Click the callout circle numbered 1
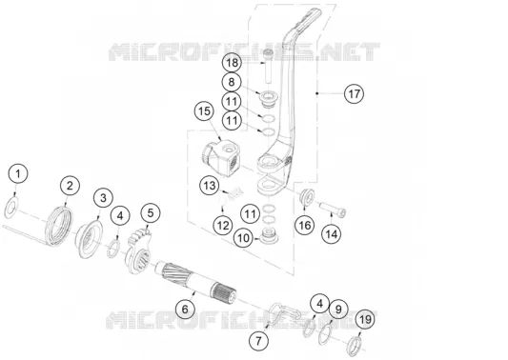(18, 174)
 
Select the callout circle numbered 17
(354, 94)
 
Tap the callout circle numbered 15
(204, 111)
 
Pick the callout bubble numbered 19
(365, 320)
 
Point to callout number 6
(185, 309)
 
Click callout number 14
(331, 234)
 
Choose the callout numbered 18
(232, 63)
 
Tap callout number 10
(244, 238)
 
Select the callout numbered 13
(210, 186)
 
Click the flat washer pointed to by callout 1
(11, 208)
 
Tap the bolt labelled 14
(333, 209)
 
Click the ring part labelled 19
(355, 345)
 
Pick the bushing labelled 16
(306, 196)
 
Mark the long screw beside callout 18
(268, 67)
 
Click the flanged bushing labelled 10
(269, 235)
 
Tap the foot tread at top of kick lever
(307, 21)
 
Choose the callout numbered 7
(258, 341)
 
